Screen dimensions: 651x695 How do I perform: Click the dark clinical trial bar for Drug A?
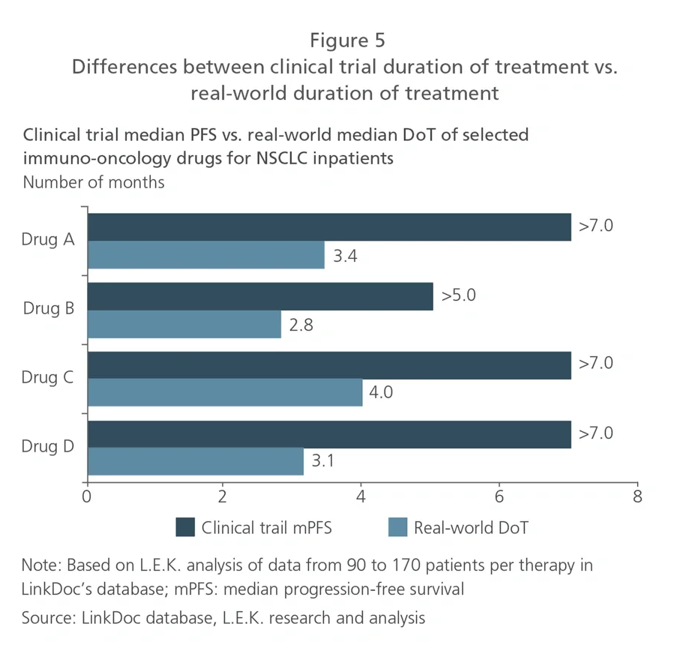[329, 227]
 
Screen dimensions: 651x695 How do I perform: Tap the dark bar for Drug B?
[260, 296]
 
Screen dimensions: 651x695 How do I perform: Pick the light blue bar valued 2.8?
[184, 325]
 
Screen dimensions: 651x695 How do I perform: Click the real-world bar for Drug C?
[225, 394]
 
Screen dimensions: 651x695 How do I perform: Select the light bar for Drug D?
[196, 461]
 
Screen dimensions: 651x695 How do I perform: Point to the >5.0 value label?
[458, 295]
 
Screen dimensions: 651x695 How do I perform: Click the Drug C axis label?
[48, 377]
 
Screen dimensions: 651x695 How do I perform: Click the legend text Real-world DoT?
[471, 528]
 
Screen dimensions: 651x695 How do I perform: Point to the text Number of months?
[94, 182]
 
